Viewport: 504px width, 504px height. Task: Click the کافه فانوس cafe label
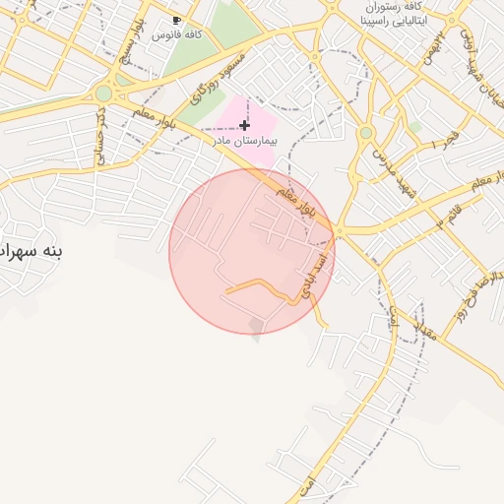click(185, 34)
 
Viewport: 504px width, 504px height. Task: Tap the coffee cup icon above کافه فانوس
click(176, 20)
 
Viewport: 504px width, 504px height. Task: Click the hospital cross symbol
click(244, 125)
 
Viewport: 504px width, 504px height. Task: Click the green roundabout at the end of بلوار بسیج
click(103, 94)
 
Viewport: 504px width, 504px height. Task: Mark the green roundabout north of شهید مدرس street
click(366, 132)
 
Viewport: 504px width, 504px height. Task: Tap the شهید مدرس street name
click(395, 168)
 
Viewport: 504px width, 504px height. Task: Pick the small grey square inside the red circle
click(257, 324)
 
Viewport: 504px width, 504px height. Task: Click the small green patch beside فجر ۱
click(414, 127)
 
